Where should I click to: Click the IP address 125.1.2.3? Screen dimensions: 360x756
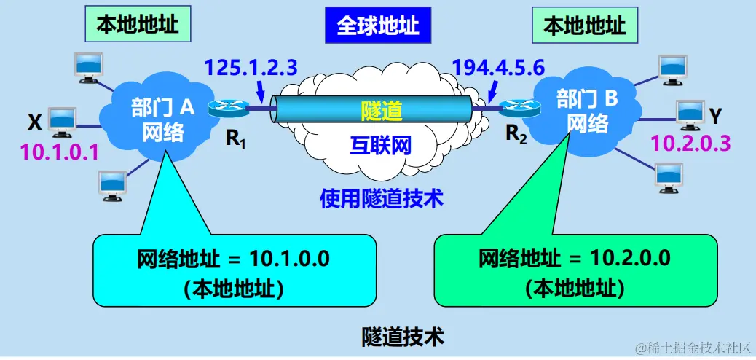coord(251,68)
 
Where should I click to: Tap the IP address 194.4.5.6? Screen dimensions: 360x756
coord(498,68)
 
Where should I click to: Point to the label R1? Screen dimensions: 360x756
coord(235,139)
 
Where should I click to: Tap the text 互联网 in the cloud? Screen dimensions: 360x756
coord(377,145)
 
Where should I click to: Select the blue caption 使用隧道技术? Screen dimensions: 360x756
coord(382,197)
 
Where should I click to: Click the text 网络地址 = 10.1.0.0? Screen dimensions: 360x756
coord(233,259)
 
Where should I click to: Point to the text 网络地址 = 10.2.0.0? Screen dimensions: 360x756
coord(575,259)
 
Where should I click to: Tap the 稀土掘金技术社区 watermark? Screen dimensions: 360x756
coord(692,348)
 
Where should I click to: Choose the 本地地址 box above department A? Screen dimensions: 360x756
coord(138,26)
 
